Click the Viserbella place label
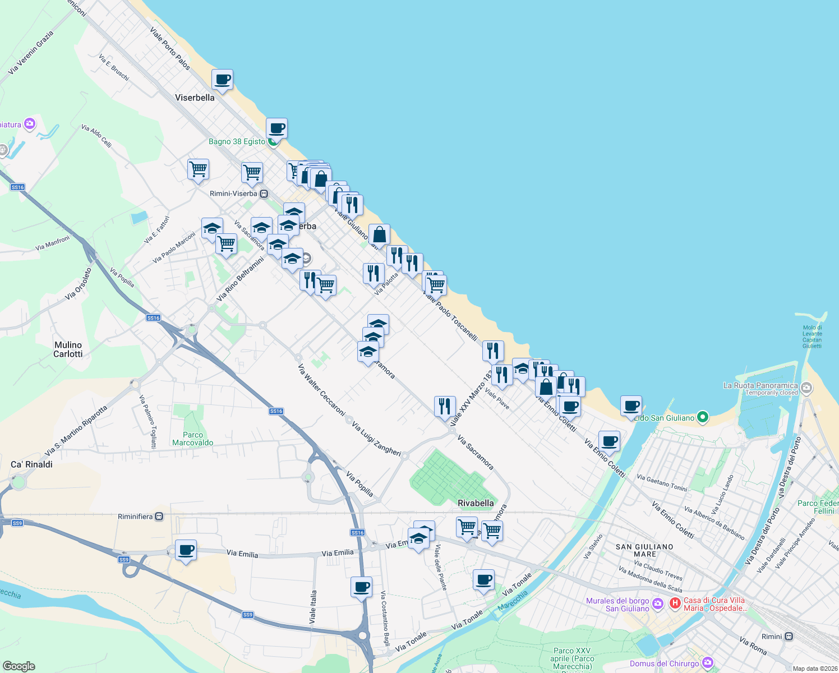tap(195, 98)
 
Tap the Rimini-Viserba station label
tap(233, 193)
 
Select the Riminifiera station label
tap(136, 517)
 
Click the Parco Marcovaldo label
tap(193, 439)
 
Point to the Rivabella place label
tap(476, 503)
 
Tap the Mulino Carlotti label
tap(68, 349)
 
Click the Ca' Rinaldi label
tap(31, 464)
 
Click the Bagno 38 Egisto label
tap(237, 141)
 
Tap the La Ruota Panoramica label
tap(760, 385)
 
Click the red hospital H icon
tap(675, 603)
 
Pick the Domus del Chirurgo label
tap(665, 663)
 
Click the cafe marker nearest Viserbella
tap(222, 80)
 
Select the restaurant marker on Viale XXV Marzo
tap(445, 405)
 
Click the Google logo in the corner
tap(19, 666)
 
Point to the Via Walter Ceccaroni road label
tap(321, 390)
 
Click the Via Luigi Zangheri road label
tap(376, 439)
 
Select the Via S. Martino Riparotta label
tap(76, 431)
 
